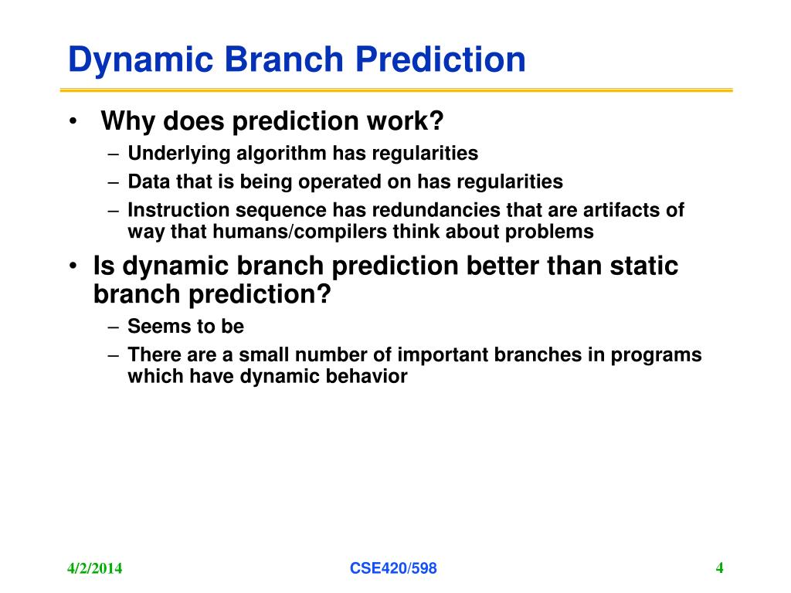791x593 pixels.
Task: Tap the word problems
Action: pos(549,232)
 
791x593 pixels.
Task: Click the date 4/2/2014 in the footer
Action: pos(94,568)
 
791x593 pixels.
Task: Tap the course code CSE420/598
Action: pos(393,568)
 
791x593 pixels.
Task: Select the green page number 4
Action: pos(719,568)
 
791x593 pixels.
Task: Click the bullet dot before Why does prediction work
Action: pos(73,121)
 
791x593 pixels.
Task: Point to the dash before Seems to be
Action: pos(114,327)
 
